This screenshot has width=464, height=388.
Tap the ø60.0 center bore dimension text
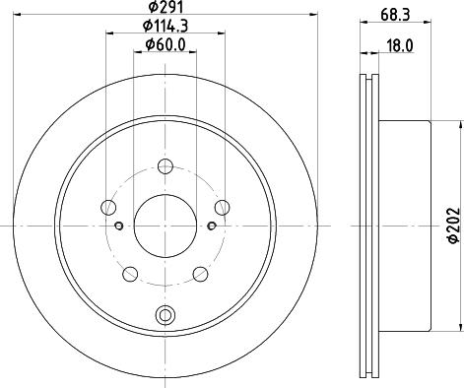(165, 44)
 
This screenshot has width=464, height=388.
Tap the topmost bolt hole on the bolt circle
(165, 166)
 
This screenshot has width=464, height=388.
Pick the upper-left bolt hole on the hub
(108, 207)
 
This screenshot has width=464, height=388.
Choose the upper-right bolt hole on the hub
(222, 207)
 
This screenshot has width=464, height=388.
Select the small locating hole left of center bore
(119, 226)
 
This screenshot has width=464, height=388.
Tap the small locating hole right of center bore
(210, 226)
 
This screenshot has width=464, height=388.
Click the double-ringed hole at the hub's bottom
(165, 315)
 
